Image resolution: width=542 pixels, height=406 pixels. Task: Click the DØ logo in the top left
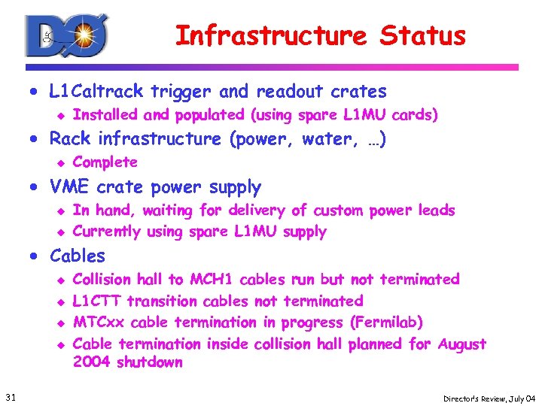[66, 36]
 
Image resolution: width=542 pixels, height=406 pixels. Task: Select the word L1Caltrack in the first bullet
[96, 92]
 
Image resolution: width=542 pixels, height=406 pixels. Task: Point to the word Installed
[105, 115]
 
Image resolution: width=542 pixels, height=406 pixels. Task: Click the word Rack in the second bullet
[70, 139]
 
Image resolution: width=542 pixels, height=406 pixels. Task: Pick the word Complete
[105, 162]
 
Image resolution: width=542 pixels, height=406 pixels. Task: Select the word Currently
[107, 232]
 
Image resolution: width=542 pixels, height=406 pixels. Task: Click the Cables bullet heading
[78, 256]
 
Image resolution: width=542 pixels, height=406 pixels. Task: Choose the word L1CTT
[96, 301]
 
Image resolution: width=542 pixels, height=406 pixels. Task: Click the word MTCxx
[99, 323]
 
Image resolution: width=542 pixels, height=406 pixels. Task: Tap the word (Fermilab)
[386, 323]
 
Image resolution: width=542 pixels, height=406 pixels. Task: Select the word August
[461, 344]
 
